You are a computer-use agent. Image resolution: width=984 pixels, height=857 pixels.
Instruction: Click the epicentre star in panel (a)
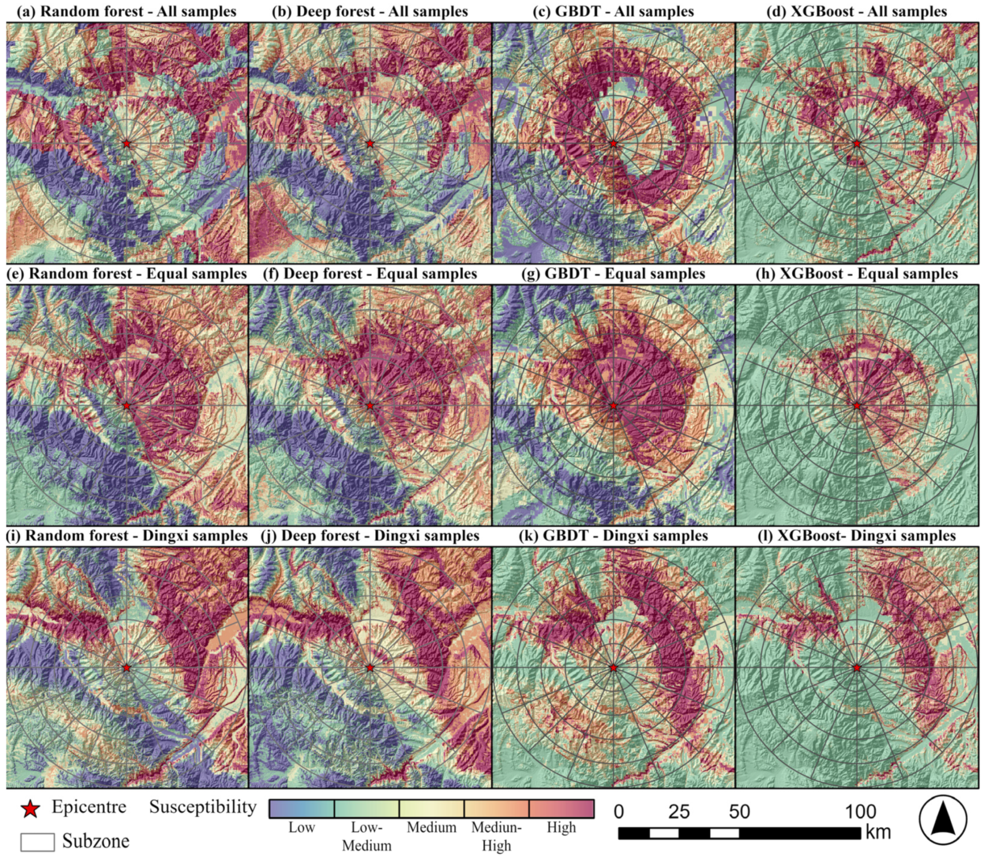point(127,144)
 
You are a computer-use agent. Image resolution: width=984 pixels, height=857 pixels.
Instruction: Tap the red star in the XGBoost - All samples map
point(857,144)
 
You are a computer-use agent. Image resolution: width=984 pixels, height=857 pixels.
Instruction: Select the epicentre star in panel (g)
point(614,406)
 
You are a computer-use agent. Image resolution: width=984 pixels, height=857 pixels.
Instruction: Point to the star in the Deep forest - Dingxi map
point(370,667)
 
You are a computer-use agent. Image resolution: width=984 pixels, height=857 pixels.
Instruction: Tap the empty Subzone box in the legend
point(37,841)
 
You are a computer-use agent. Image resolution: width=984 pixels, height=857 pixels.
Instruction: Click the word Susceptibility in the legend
point(203,806)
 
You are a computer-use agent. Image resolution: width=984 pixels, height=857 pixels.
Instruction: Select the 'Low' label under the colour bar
point(302,827)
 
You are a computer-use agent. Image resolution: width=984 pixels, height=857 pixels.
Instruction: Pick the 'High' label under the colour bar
point(561,827)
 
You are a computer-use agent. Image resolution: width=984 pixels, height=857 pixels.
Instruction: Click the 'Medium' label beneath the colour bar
point(432,827)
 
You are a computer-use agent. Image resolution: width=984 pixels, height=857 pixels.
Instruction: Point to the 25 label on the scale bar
point(679,812)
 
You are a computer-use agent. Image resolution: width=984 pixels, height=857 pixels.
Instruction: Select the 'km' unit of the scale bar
point(878,832)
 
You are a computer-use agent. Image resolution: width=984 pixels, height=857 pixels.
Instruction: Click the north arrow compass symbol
point(943,819)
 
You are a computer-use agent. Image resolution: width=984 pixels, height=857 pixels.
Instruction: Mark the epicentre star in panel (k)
point(614,667)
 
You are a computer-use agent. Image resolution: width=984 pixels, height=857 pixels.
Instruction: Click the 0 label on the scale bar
point(619,812)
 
